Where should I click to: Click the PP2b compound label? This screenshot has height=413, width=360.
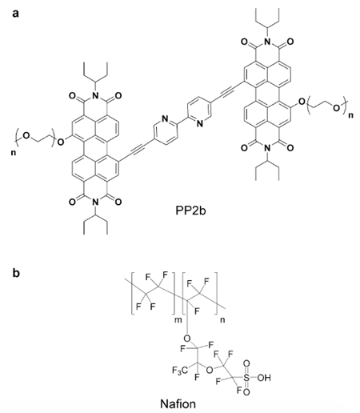190,211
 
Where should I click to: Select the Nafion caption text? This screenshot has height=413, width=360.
178,403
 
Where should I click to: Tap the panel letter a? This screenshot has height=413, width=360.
16,14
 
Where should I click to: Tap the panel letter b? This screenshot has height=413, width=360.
16,273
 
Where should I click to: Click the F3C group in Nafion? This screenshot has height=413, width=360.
179,371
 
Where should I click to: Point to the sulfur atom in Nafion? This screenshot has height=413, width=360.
246,378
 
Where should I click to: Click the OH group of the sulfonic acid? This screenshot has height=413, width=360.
264,378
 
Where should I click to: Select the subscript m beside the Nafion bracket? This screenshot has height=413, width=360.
178,319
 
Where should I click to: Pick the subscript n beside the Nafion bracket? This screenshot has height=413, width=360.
222,319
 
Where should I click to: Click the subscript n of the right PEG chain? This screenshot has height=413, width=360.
350,115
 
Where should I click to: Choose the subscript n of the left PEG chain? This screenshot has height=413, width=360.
13,153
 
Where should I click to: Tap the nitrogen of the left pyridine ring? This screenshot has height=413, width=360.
165,118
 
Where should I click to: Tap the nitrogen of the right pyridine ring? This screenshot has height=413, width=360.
200,123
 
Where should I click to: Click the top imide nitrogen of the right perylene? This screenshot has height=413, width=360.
267,42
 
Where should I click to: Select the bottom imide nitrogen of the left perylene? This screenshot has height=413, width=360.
96,202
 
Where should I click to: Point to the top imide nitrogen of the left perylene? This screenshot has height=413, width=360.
96,95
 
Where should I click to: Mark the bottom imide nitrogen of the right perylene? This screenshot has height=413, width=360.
267,148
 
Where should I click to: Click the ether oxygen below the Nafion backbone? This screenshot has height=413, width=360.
187,339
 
